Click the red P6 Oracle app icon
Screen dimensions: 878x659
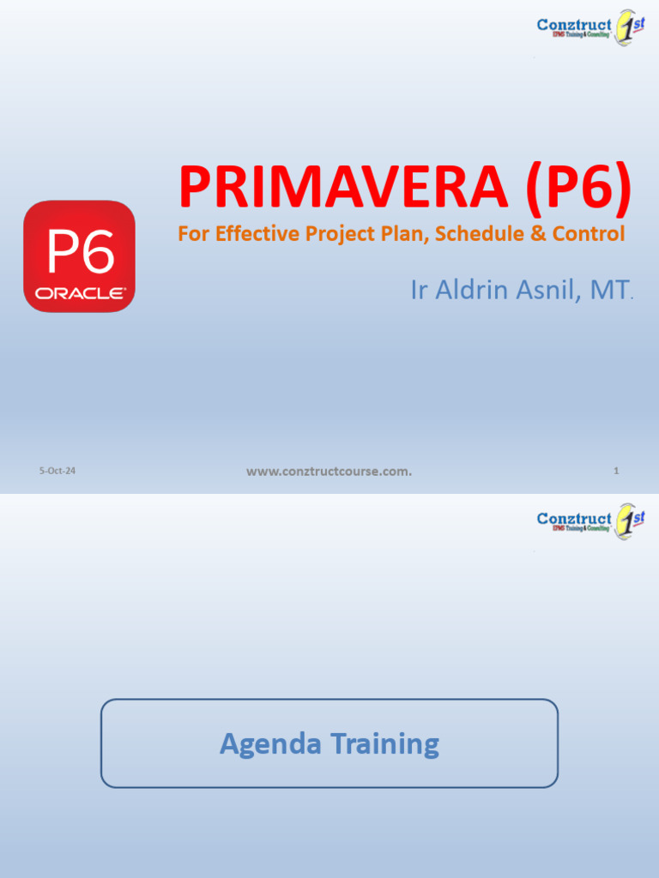pos(79,256)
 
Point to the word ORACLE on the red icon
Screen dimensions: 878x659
pos(79,293)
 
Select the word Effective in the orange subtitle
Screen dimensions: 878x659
pos(249,233)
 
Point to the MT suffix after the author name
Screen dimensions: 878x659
pos(609,290)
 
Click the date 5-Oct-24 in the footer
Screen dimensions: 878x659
pos(57,471)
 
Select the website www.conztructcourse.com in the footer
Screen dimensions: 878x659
pos(329,471)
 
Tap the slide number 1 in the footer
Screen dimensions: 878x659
pos(616,471)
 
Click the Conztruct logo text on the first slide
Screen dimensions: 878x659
pos(574,25)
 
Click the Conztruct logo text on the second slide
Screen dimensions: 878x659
pos(574,519)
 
